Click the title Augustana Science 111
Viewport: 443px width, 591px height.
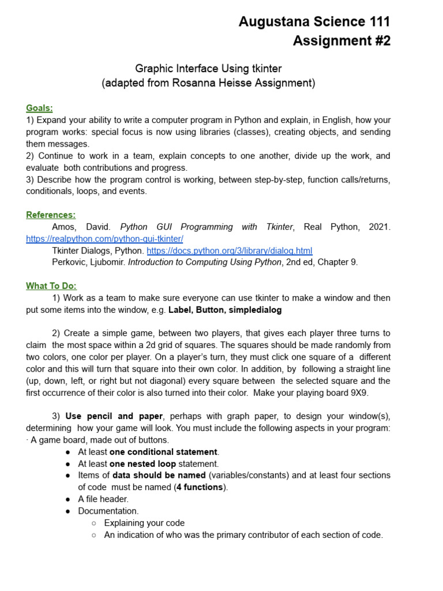(314, 22)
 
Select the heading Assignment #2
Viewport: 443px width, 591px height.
(341, 41)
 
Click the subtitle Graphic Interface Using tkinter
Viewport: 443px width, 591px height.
(208, 69)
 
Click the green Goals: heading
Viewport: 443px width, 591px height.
(39, 108)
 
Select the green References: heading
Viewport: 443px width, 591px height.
(51, 215)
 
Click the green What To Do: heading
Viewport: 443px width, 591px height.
(51, 286)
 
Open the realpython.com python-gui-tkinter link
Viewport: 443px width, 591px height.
(104, 238)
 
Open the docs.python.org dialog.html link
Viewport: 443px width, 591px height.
(229, 250)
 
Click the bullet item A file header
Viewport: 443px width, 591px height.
(103, 499)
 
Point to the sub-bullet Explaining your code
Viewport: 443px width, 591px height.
(144, 523)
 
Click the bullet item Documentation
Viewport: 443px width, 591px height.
(108, 511)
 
